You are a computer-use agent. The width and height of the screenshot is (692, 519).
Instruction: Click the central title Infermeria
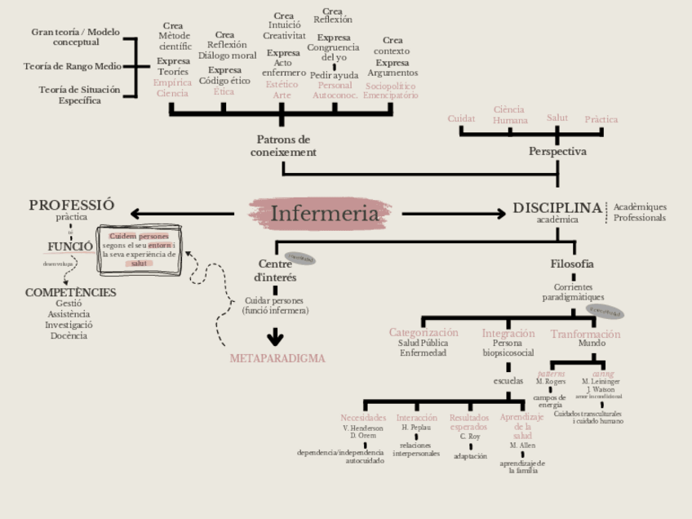click(x=325, y=214)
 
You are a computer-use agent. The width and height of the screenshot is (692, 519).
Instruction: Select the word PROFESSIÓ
click(x=72, y=205)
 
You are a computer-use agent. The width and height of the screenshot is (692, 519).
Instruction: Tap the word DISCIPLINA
click(x=557, y=208)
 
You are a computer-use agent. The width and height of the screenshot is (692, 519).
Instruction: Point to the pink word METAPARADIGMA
click(x=277, y=358)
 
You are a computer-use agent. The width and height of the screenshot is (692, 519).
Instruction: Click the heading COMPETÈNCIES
click(x=70, y=292)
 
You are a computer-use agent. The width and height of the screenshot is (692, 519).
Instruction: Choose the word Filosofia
click(x=572, y=264)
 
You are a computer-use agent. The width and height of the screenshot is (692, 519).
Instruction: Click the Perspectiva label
click(x=557, y=152)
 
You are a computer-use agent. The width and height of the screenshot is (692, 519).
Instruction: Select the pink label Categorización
click(x=424, y=333)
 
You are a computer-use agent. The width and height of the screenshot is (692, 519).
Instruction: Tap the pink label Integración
click(x=508, y=333)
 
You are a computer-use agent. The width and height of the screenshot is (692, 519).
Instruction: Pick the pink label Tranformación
click(x=585, y=334)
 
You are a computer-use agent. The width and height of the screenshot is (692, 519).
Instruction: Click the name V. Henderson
click(x=363, y=428)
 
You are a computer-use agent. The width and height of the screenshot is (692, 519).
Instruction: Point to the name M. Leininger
click(x=601, y=381)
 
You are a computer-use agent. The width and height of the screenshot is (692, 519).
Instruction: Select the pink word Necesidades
click(x=363, y=418)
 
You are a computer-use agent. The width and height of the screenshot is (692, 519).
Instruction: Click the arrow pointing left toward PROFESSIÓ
click(x=180, y=215)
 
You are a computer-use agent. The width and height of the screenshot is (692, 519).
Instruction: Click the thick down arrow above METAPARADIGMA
click(x=276, y=336)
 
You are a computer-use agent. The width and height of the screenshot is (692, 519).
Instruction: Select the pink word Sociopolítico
click(x=391, y=86)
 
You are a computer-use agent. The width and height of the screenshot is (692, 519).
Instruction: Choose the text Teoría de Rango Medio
click(x=73, y=66)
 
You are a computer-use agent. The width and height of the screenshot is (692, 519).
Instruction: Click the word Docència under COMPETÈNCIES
click(x=69, y=335)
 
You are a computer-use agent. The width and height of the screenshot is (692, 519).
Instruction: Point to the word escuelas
click(x=508, y=381)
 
